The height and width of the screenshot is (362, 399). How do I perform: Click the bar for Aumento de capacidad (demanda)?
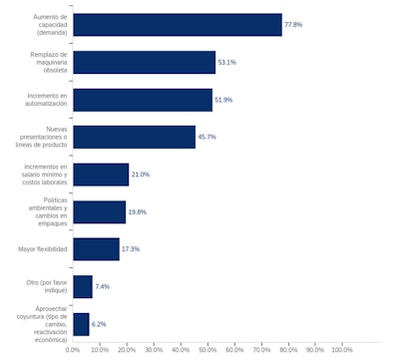(x=178, y=25)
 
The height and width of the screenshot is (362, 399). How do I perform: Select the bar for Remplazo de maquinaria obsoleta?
(x=144, y=62)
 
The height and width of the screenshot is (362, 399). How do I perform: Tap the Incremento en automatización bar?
(x=143, y=100)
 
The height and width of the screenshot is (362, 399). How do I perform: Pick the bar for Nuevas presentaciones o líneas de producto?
(x=134, y=137)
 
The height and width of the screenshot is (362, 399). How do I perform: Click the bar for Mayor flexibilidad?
(x=96, y=248)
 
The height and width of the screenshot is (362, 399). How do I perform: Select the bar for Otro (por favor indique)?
(x=83, y=286)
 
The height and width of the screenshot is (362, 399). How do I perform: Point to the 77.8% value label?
(x=293, y=25)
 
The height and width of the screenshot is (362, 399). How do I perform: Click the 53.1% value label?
(x=226, y=62)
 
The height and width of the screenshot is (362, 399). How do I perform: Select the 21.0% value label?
(x=140, y=175)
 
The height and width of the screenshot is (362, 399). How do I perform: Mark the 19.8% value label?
(x=137, y=211)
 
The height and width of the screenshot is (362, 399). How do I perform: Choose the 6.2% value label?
(x=99, y=324)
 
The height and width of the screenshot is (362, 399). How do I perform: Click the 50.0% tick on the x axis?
(x=207, y=349)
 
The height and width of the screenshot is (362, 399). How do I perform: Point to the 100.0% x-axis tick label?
(x=341, y=349)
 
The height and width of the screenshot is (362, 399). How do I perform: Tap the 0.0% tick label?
(x=73, y=349)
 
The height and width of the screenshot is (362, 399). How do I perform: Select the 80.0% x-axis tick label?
(x=288, y=349)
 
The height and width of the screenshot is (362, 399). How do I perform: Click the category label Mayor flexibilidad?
(x=43, y=248)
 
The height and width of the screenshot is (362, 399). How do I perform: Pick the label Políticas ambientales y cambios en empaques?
(x=48, y=211)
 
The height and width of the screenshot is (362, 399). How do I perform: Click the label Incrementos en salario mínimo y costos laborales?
(x=46, y=175)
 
